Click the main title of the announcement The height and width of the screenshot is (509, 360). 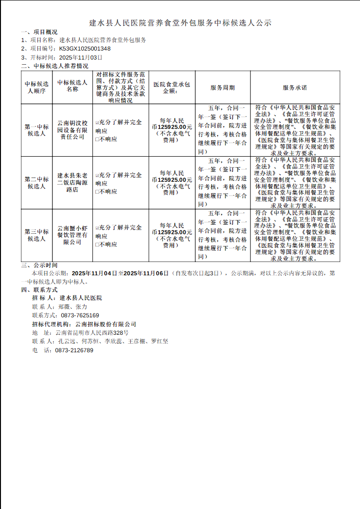click(x=180, y=23)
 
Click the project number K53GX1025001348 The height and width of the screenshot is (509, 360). click(x=85, y=49)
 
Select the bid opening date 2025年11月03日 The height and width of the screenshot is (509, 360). click(x=81, y=57)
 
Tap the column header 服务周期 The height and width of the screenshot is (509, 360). click(x=222, y=88)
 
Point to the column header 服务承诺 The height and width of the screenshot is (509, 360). click(x=295, y=88)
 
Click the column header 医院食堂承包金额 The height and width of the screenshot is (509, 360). click(x=172, y=88)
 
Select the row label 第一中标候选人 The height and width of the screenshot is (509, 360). click(x=37, y=130)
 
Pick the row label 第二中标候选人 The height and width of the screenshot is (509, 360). click(x=37, y=183)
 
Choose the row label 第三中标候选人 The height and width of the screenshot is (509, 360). click(x=37, y=235)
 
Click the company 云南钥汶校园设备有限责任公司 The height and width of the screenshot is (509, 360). click(x=73, y=130)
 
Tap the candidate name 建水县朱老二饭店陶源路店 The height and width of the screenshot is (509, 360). click(x=73, y=183)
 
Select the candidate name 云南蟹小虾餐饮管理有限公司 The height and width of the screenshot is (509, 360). click(x=73, y=235)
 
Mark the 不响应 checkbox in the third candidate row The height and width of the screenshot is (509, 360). click(x=97, y=245)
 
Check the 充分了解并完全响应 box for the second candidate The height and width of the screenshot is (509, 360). click(x=97, y=175)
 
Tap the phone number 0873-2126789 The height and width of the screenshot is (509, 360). click(x=74, y=350)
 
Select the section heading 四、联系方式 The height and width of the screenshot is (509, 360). click(x=39, y=289)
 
